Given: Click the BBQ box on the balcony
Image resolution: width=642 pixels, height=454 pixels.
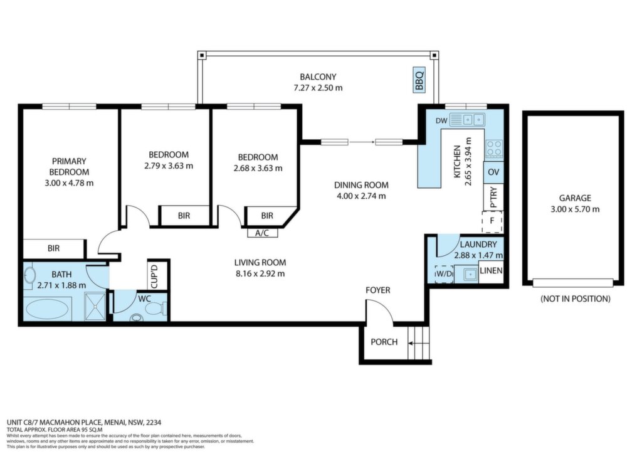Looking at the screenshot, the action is [x=419, y=80].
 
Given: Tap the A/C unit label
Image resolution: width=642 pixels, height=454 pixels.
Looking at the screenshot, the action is [x=262, y=233].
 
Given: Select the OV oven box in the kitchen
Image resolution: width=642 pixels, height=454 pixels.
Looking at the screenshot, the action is [x=493, y=172].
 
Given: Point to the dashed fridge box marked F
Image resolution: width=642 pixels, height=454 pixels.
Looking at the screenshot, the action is [x=492, y=221].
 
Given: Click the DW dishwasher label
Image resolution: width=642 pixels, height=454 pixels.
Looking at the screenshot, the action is [x=441, y=121].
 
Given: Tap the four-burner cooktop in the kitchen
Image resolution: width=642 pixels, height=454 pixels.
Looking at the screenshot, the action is [x=494, y=149].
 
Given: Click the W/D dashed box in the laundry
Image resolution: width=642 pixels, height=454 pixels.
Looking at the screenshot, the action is [x=444, y=273].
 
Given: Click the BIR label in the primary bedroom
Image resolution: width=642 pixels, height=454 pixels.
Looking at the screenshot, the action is [x=54, y=248].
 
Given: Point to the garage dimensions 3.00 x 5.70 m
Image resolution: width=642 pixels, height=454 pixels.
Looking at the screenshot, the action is [x=576, y=209].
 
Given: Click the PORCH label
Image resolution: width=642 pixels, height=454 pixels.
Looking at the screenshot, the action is [x=384, y=342].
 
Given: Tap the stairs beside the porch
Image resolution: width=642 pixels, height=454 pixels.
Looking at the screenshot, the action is [x=418, y=342].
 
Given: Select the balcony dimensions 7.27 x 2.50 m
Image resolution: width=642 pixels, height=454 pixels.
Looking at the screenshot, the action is [x=318, y=88].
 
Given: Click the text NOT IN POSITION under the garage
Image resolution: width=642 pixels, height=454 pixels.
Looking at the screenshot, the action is [x=576, y=299].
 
